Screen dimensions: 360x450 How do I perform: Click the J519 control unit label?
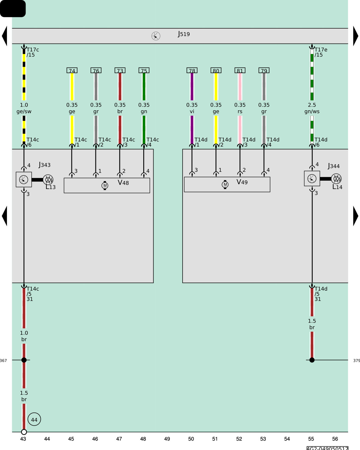(184, 34)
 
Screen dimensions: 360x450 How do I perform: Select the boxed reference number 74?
(72, 70)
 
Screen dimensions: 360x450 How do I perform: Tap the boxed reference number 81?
(240, 70)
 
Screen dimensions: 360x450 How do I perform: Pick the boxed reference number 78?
(192, 70)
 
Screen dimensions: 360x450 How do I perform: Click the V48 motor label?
(123, 182)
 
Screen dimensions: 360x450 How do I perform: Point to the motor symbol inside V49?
(225, 184)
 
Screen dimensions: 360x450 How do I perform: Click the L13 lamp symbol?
(48, 180)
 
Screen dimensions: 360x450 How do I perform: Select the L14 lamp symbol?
(336, 179)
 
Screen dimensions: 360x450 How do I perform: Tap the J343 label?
(45, 165)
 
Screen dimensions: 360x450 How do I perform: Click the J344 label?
(334, 166)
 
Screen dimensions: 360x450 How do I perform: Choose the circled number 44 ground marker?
(34, 419)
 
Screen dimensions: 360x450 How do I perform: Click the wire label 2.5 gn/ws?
(312, 108)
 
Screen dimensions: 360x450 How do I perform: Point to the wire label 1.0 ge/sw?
(24, 108)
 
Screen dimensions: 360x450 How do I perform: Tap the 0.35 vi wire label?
(192, 108)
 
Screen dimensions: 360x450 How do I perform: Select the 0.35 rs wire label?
(240, 108)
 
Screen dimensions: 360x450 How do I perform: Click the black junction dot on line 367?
(24, 360)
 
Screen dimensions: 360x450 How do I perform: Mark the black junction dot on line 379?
(312, 360)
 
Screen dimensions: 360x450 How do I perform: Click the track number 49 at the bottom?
(167, 439)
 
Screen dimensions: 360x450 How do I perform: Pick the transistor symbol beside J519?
(156, 36)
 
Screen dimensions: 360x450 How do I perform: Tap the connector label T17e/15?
(321, 52)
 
